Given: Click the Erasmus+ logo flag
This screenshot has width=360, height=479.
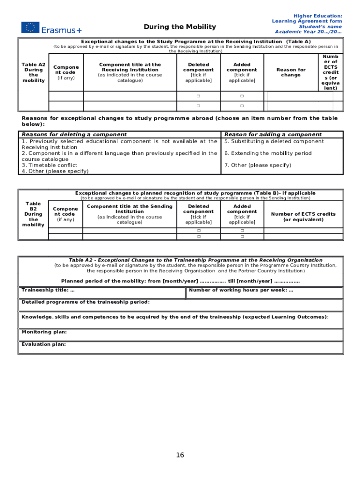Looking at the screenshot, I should (x=30, y=27).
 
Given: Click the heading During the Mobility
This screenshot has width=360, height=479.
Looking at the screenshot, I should (x=180, y=27).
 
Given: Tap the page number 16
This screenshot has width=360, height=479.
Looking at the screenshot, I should (x=180, y=455).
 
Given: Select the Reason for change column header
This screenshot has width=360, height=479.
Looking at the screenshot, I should (x=291, y=72).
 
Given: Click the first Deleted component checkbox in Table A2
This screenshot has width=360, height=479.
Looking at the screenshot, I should (x=198, y=96).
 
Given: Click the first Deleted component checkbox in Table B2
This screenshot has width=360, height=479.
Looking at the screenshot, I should (x=198, y=231).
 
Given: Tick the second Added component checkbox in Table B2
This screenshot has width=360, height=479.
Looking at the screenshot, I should (x=242, y=237).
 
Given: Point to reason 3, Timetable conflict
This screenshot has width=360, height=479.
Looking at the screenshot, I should (x=48, y=165).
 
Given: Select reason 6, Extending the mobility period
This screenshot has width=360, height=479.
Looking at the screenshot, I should (x=264, y=153).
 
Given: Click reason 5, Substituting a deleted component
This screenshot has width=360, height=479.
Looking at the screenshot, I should (x=274, y=141).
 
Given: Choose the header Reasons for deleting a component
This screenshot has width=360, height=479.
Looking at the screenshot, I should (x=74, y=134).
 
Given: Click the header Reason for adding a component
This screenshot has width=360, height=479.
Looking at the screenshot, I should (x=273, y=134).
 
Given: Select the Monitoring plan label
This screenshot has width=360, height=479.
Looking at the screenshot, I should (x=44, y=332).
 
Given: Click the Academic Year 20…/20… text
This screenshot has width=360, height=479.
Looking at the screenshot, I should (x=308, y=32).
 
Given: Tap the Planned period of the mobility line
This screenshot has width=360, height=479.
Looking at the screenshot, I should (x=180, y=281).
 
